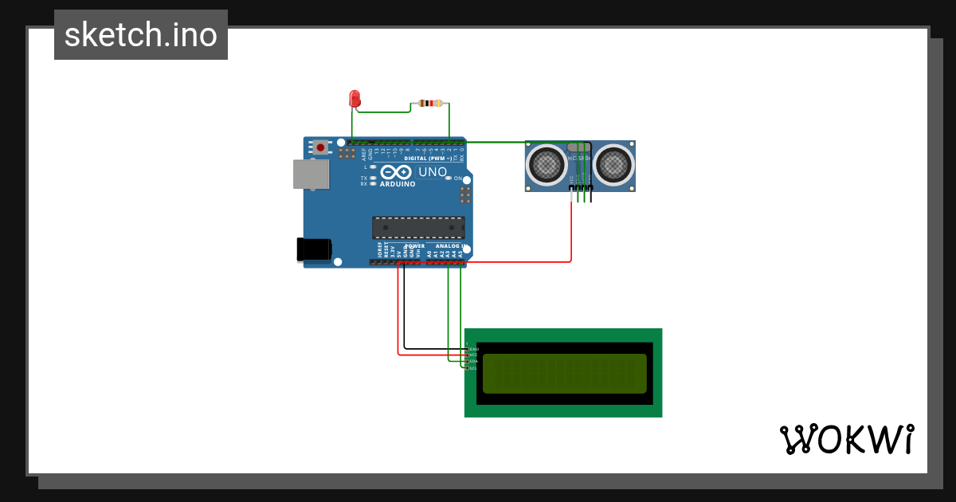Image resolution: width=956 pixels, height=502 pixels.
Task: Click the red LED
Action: click(355, 99)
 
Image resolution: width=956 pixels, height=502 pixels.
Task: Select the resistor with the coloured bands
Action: click(430, 104)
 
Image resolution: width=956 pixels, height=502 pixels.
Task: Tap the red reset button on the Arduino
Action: click(320, 147)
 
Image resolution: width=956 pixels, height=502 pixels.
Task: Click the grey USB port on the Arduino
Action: click(311, 175)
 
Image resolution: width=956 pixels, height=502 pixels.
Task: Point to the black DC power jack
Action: click(314, 249)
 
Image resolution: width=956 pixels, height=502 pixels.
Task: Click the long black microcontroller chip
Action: click(418, 228)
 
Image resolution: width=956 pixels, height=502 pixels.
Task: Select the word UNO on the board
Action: click(433, 172)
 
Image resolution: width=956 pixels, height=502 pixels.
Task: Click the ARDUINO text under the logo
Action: click(398, 184)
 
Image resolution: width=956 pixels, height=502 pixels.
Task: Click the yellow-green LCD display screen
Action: click(564, 374)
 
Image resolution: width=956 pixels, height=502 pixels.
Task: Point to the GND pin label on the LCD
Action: click(473, 349)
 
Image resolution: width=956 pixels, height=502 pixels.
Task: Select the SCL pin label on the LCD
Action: click(473, 368)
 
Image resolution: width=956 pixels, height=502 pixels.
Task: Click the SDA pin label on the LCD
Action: click(473, 362)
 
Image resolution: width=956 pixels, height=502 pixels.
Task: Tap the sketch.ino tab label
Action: click(141, 35)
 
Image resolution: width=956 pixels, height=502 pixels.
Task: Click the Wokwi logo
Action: click(846, 439)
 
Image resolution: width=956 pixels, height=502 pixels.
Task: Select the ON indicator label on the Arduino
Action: click(458, 178)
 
